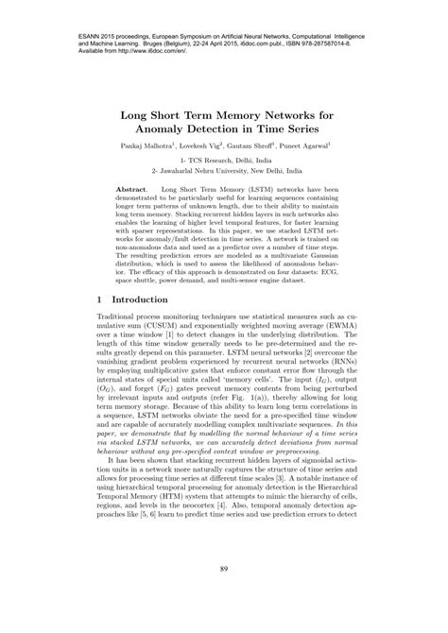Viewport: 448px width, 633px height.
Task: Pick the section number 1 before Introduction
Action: tap(101, 299)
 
